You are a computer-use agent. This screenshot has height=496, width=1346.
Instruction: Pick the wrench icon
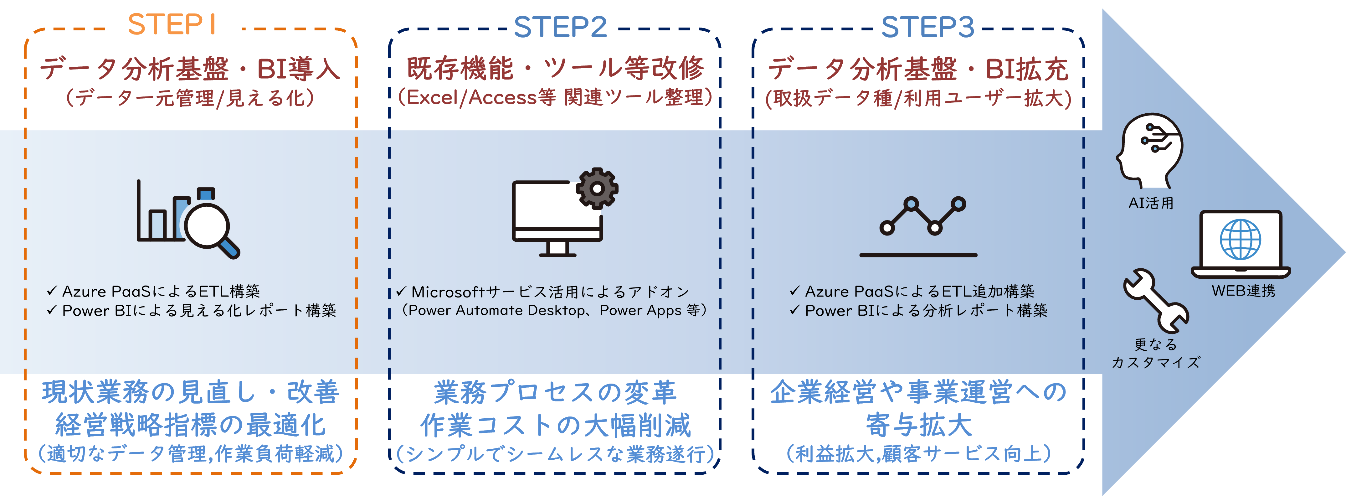[1155, 301]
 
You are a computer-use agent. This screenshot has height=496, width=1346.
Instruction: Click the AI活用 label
[1151, 203]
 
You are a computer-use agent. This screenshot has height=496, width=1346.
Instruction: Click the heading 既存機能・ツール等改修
[555, 69]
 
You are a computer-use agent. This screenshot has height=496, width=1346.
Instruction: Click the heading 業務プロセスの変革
[555, 393]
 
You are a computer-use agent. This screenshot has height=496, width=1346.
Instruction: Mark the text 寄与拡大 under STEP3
[919, 425]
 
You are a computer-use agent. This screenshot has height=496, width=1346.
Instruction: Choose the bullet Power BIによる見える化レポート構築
[198, 310]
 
